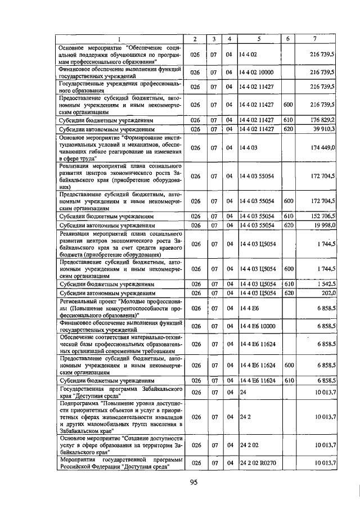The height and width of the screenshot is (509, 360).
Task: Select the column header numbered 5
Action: click(259, 39)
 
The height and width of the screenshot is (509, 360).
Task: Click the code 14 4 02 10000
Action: click(256, 73)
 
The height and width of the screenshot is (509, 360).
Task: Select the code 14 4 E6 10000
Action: click(256, 326)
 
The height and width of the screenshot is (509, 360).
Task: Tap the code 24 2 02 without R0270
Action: click(247, 445)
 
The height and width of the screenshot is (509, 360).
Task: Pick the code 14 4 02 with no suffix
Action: click(248, 55)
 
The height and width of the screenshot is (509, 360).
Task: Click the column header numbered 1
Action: click(119, 39)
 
